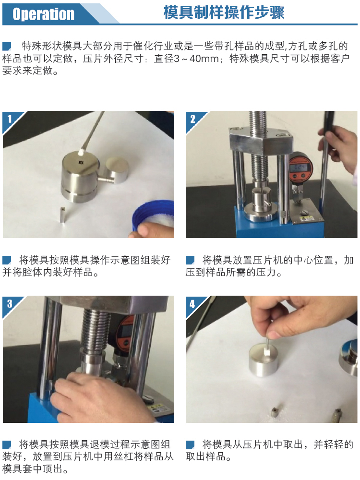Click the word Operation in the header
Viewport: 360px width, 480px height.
pos(43,14)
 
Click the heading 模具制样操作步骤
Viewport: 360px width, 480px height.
pos(224,13)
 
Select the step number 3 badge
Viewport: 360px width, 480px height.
pos(9,303)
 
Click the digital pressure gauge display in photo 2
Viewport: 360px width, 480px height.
pos(300,168)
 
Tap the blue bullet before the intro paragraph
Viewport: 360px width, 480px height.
pos(7,47)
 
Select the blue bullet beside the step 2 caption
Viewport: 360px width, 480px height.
pos(190,260)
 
